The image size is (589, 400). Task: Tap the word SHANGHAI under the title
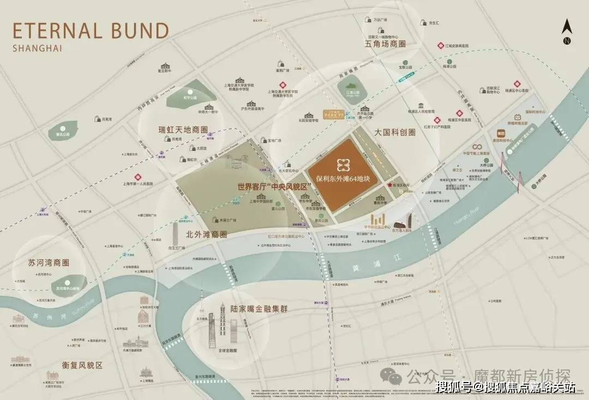point(37,48)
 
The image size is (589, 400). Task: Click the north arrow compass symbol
point(567,31)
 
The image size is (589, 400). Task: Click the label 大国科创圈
point(396,132)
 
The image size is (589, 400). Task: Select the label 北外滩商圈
point(206,235)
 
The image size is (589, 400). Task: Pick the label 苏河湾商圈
point(49,263)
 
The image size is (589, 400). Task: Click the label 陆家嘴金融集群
point(259,309)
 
